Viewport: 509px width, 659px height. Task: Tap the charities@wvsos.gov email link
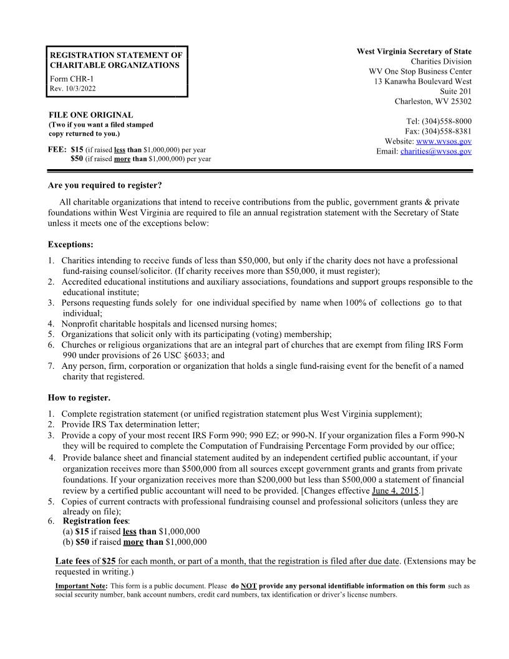(x=435, y=152)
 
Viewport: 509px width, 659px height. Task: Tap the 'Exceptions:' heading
(x=70, y=244)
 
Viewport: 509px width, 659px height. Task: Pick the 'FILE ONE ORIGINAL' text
(x=91, y=115)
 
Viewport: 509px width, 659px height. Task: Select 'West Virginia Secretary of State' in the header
(x=414, y=51)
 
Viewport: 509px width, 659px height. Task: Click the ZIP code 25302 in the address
(x=459, y=101)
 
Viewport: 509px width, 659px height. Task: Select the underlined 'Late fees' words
(x=73, y=561)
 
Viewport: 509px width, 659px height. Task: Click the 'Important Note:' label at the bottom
(x=81, y=586)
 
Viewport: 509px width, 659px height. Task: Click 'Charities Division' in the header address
(x=440, y=61)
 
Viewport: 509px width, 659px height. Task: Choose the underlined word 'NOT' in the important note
(x=249, y=586)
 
